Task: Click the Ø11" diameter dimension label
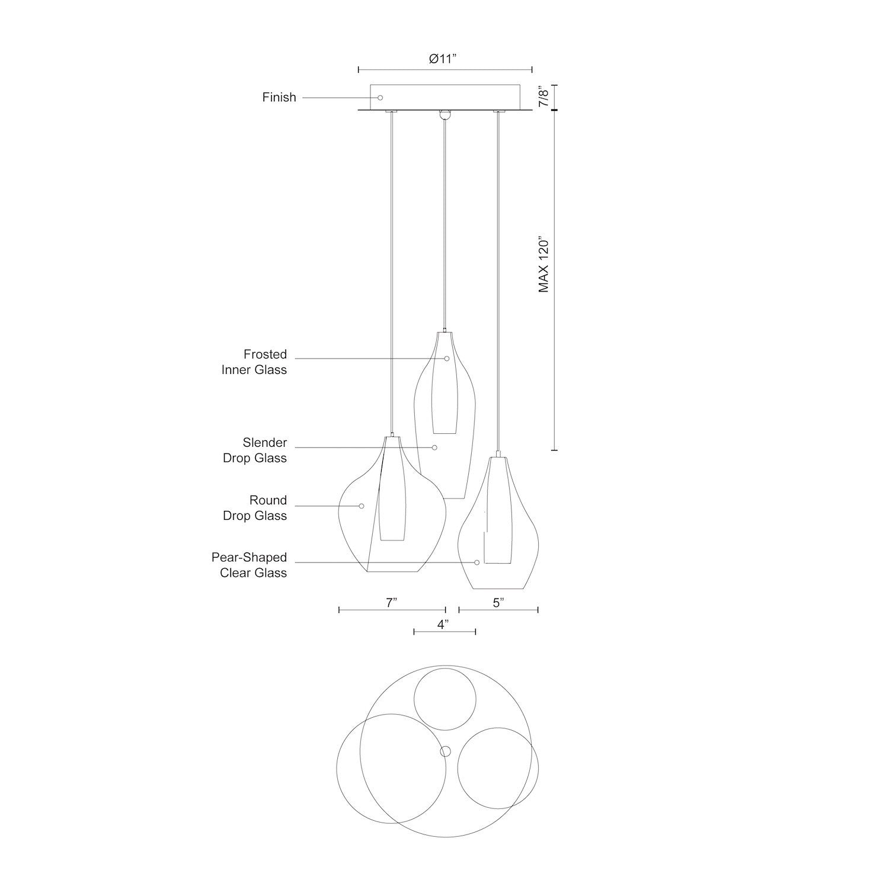coord(444,59)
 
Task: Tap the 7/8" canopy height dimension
coord(543,95)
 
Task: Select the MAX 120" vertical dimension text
coord(543,266)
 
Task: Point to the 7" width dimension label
coord(391,603)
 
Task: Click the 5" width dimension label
coord(498,603)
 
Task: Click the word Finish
coord(279,97)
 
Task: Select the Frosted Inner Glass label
coord(254,362)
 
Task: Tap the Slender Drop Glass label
coord(255,450)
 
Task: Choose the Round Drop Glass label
coord(255,508)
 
